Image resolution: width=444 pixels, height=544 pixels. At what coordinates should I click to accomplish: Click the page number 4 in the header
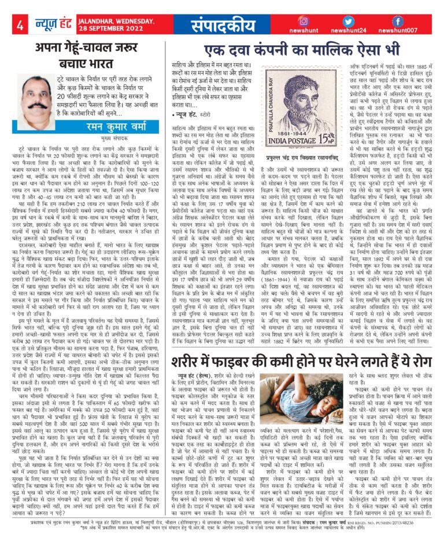19,25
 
